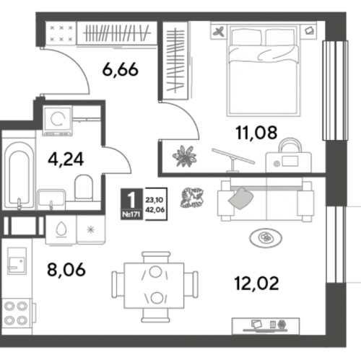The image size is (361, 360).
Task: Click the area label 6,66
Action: pyautogui.click(x=121, y=69)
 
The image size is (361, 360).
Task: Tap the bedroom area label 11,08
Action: pyautogui.click(x=256, y=133)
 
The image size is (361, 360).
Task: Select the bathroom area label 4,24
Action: pyautogui.click(x=66, y=159)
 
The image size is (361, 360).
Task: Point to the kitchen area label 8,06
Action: pyautogui.click(x=66, y=269)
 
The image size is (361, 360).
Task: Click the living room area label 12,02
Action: pyautogui.click(x=256, y=283)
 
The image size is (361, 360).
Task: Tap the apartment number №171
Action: pyautogui.click(x=131, y=214)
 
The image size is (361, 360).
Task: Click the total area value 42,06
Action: pyautogui.click(x=155, y=210)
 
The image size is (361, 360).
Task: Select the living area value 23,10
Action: pyautogui.click(x=155, y=200)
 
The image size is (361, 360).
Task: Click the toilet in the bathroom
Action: pyautogui.click(x=84, y=188)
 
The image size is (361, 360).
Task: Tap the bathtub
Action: pyautogui.click(x=19, y=175)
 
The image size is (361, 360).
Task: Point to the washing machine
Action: pyautogui.click(x=58, y=120)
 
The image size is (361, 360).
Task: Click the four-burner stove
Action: pyautogui.click(x=17, y=313)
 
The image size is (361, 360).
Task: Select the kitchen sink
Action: pyautogui.click(x=17, y=261)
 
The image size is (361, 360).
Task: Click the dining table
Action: pyautogui.click(x=154, y=286)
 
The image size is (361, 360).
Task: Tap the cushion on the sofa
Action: pyautogui.click(x=241, y=198)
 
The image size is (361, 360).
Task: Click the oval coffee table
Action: pyautogui.click(x=266, y=238)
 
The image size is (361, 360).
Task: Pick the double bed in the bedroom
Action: pyautogui.click(x=264, y=71)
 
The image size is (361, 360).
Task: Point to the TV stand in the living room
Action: pyautogui.click(x=266, y=326)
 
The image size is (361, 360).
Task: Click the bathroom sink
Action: pyautogui.click(x=51, y=198)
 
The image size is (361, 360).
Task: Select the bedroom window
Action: pyautogui.click(x=335, y=90)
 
